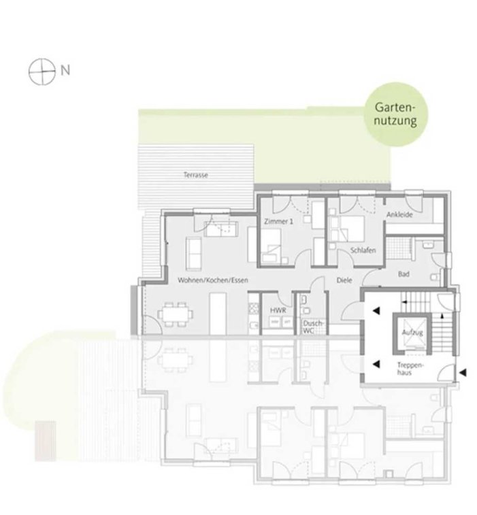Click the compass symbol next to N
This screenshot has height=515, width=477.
(42, 71)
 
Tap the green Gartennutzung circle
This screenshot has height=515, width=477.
(396, 114)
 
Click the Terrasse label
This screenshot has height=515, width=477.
(196, 175)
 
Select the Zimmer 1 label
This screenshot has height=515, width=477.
(278, 221)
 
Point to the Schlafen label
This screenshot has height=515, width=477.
(363, 250)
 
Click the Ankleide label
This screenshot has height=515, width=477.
(399, 215)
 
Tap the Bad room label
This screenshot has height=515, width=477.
(404, 274)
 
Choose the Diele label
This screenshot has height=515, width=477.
(344, 280)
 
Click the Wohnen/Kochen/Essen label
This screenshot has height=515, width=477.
(213, 280)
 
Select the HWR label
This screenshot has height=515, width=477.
(278, 310)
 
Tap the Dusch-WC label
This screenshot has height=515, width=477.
(313, 327)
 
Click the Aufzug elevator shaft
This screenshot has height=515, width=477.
(412, 333)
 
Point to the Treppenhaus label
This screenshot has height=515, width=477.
(410, 369)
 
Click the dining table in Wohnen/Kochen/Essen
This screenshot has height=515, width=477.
(175, 315)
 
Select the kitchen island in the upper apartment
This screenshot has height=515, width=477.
(218, 314)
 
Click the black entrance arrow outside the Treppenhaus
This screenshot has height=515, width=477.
(463, 372)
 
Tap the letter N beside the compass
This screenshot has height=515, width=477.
(65, 71)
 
